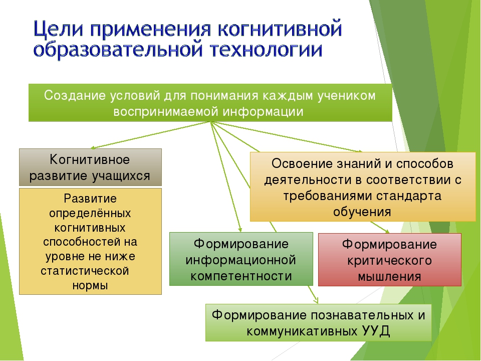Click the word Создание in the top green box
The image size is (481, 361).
pyautogui.click(x=75, y=95)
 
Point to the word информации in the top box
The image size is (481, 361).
pyautogui.click(x=263, y=112)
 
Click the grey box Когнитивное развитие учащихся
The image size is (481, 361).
pyautogui.click(x=90, y=167)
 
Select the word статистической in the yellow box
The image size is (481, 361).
pyautogui.click(x=85, y=271)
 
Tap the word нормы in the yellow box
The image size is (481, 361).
pyautogui.click(x=90, y=286)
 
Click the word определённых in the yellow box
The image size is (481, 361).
pyautogui.click(x=90, y=214)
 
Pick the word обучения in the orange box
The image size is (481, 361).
pyautogui.click(x=362, y=212)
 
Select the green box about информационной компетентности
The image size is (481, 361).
pyautogui.click(x=241, y=259)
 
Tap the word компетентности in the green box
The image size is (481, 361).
pyautogui.click(x=241, y=276)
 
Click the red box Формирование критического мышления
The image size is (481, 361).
pyautogui.click(x=390, y=260)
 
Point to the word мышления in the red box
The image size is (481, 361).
pyautogui.click(x=390, y=277)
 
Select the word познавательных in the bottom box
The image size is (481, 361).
pyautogui.click(x=352, y=315)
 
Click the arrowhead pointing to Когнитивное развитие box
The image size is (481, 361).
pyautogui.click(x=93, y=147)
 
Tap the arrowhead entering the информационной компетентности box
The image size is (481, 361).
pyautogui.click(x=240, y=230)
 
